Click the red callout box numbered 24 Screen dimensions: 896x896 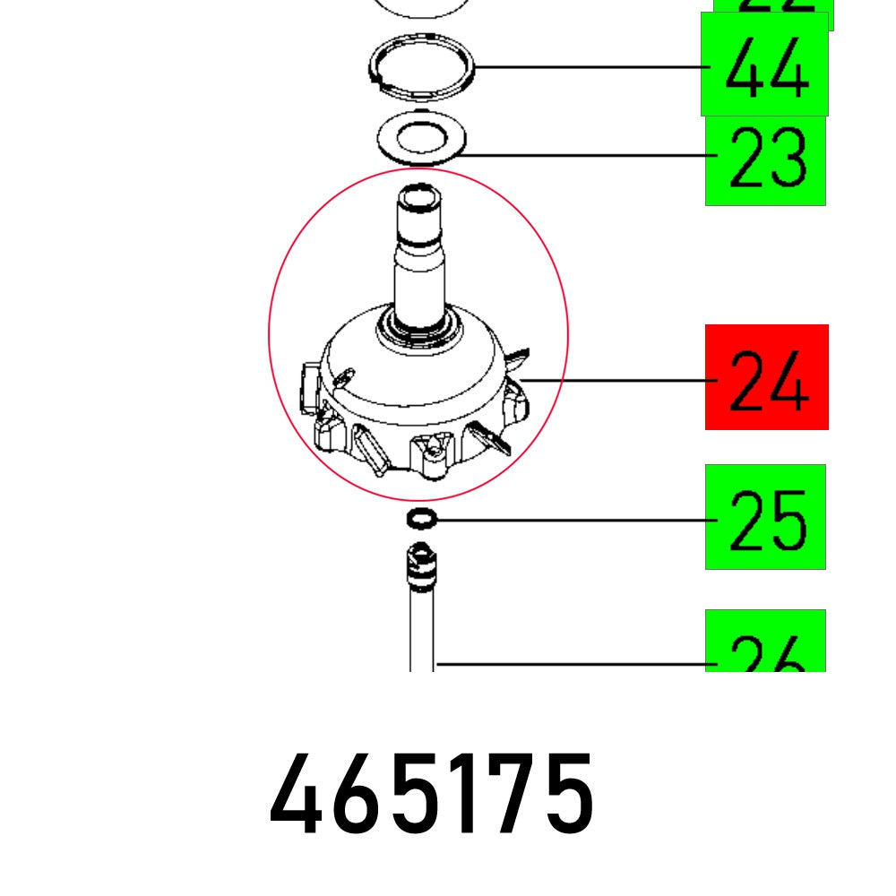(766, 377)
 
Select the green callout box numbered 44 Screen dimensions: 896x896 (764, 65)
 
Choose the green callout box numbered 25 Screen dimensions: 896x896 (765, 517)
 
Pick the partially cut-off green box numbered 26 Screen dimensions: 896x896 (765, 642)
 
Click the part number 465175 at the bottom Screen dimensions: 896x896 (431, 794)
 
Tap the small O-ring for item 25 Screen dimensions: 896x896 (421, 518)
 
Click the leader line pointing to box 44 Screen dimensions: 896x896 (591, 67)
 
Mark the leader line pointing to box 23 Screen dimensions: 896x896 (582, 156)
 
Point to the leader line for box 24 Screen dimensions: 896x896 (627, 380)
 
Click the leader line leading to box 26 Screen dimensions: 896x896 (573, 665)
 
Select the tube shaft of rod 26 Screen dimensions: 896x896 (421, 627)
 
